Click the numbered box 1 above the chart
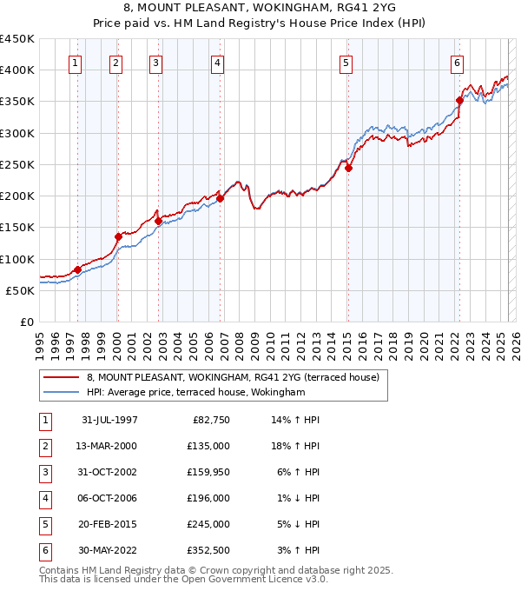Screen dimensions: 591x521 click(x=76, y=63)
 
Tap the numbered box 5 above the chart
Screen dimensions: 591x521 click(x=346, y=63)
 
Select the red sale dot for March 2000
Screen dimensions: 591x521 click(x=118, y=236)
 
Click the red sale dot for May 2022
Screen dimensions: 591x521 click(x=459, y=100)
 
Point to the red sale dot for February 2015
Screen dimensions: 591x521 click(x=348, y=168)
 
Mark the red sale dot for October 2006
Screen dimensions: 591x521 click(x=220, y=198)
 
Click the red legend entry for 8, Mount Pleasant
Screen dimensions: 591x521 click(x=233, y=378)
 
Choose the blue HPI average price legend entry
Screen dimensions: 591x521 click(x=196, y=393)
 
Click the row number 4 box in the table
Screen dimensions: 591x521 click(x=44, y=498)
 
